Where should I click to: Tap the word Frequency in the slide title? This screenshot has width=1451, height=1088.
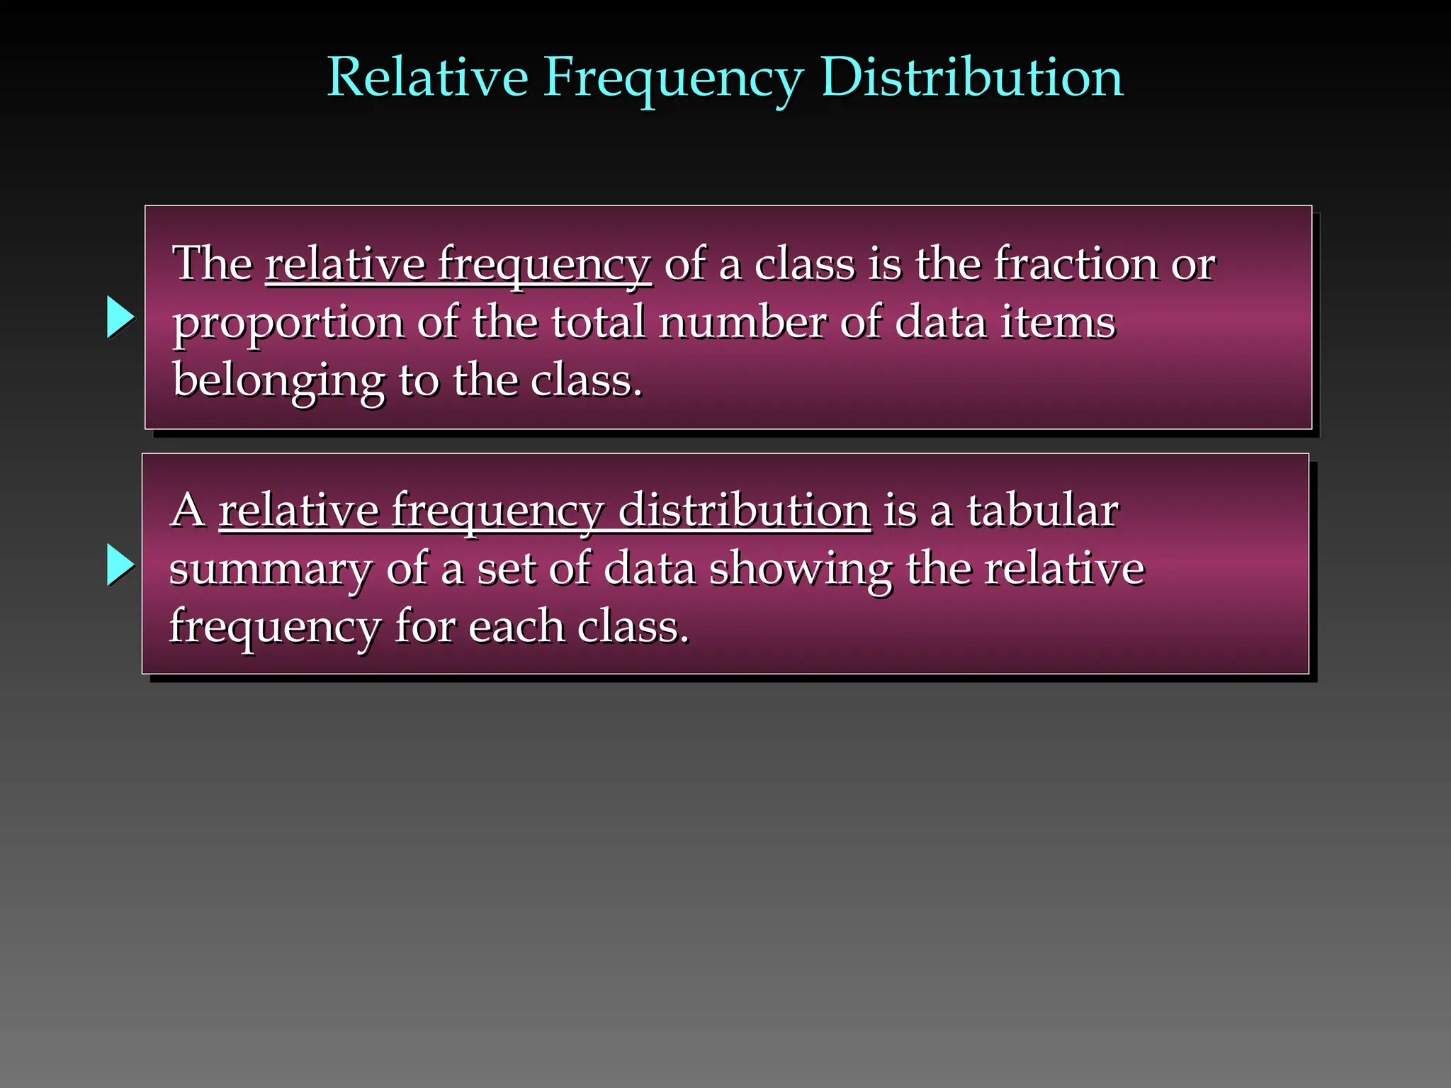point(673,79)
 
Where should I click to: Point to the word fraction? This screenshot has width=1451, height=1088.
point(1075,263)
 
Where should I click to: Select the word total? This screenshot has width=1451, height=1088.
point(598,322)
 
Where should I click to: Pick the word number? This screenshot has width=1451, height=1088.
point(742,322)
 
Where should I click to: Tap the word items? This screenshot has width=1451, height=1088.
point(1058,322)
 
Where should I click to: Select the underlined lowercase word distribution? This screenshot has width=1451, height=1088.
point(744,510)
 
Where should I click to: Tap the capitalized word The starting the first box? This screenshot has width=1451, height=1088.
point(213,263)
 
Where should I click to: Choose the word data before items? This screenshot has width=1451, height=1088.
point(940,322)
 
